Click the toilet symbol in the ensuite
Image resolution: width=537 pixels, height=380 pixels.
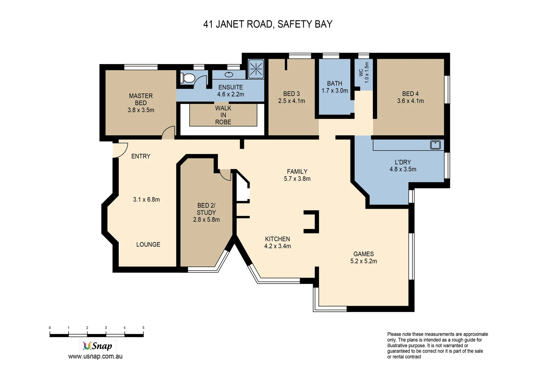click(188, 78)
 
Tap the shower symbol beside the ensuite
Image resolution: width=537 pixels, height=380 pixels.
click(256, 69)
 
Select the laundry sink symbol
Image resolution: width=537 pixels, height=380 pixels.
click(435, 145)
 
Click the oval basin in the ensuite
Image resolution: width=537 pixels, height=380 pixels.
click(229, 75)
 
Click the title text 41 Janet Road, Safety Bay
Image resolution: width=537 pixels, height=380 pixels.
click(268, 24)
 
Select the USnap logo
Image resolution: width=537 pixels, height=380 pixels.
click(97, 346)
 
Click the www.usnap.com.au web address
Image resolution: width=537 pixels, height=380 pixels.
click(95, 356)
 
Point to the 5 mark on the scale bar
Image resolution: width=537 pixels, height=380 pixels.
click(143, 328)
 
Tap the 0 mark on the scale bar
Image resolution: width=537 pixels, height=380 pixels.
click(50, 328)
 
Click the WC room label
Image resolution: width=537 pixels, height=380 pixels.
click(361, 72)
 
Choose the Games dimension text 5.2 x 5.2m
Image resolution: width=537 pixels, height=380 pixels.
click(363, 261)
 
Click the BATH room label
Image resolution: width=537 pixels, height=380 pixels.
click(334, 83)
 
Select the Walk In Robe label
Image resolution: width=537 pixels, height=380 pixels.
click(223, 115)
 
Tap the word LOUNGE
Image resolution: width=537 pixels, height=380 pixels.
click(148, 245)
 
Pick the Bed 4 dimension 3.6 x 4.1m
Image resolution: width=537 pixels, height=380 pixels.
click(410, 101)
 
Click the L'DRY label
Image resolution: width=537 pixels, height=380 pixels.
click(403, 162)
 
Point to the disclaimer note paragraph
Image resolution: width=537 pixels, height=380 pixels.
click(438, 345)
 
